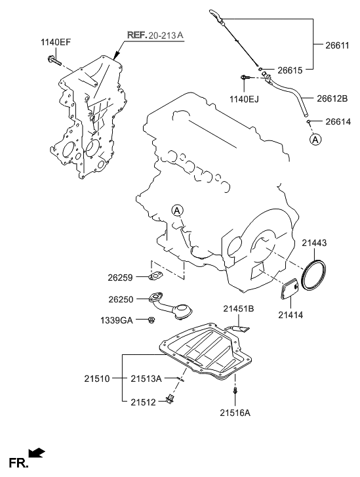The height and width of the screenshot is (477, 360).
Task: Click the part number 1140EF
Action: coord(56,43)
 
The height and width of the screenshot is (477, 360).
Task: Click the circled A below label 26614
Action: coord(315,139)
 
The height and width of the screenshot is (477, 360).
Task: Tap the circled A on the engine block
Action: coord(177,210)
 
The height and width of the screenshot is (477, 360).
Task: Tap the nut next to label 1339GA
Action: coord(151,320)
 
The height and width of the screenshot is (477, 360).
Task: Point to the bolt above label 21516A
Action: coord(235,392)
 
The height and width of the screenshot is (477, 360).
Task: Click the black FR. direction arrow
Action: coord(37,453)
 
